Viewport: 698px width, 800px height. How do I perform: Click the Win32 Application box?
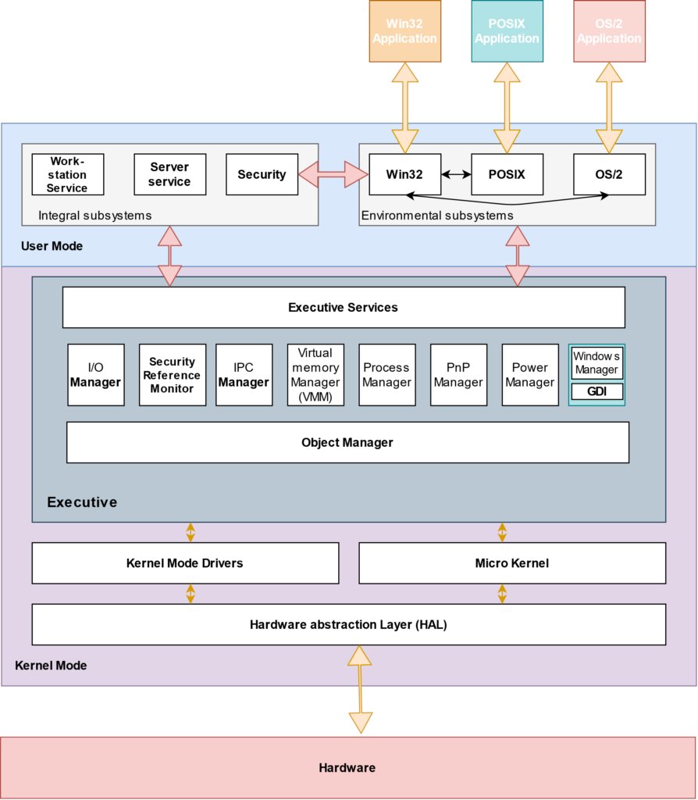point(404,31)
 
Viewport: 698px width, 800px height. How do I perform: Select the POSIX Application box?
point(507,31)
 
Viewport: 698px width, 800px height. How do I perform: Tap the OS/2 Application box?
point(609,31)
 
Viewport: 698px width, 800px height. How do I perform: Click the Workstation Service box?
point(67,174)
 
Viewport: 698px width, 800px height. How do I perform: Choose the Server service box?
point(169,174)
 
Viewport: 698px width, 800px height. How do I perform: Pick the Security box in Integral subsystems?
point(262,174)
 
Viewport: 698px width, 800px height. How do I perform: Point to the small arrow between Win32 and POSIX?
point(456,174)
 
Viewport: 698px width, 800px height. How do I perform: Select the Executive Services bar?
point(344,307)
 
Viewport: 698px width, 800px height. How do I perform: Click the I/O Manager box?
point(95,375)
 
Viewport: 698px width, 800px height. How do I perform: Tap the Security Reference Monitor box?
point(173,375)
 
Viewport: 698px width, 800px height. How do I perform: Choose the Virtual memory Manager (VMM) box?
point(315,375)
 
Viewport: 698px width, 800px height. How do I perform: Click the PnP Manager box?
point(458,375)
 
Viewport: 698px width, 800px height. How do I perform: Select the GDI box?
point(597,391)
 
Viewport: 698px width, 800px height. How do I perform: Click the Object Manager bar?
point(347,442)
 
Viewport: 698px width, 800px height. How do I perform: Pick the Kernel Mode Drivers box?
point(185,563)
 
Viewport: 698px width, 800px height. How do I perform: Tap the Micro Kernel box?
point(512,563)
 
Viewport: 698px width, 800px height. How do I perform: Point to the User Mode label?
point(52,246)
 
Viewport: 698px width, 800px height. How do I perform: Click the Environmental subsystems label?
point(437,215)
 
